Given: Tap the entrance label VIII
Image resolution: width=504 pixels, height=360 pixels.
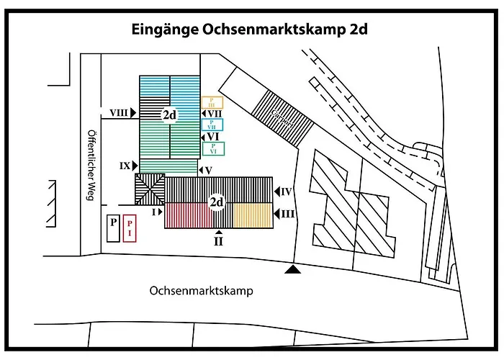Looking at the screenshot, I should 120,113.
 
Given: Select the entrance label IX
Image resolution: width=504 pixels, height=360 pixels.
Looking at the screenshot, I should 125,166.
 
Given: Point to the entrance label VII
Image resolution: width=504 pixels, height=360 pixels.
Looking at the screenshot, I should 214,114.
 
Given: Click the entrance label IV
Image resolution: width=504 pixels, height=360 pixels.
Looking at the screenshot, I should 287,192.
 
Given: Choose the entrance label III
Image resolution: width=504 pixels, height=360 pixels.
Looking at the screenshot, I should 287,214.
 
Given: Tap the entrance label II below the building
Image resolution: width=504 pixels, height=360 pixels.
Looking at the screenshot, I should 218,241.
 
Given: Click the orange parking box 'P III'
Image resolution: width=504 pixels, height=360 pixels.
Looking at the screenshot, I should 212,102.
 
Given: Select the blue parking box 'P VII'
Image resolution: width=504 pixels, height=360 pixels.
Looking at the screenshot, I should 212,125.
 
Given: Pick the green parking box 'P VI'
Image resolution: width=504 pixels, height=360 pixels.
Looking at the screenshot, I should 214,149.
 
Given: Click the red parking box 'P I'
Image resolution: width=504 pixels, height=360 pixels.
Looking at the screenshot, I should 130,228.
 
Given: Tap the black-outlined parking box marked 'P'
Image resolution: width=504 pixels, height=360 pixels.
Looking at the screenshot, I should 112,228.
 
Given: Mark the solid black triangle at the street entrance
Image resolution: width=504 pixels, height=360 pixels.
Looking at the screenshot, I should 292,269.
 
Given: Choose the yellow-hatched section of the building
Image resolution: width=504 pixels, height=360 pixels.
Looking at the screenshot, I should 251,216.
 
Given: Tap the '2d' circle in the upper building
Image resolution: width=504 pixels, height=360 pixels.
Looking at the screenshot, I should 170,114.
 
